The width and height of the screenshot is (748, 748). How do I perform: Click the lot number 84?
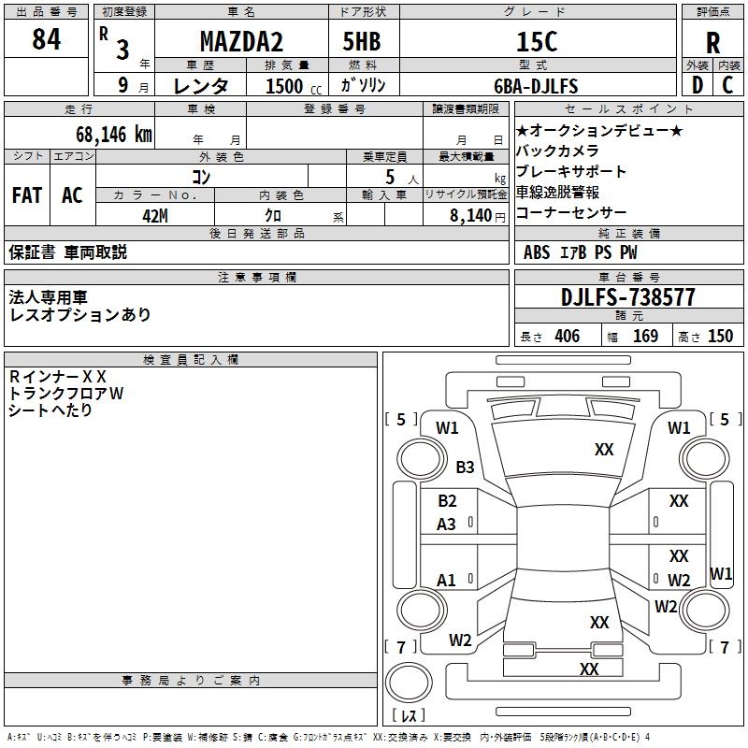tap(46, 38)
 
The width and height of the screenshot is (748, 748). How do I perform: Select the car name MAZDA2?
tap(241, 41)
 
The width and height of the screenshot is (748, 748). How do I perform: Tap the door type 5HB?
tap(362, 41)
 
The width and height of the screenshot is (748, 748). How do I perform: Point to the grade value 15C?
tap(537, 41)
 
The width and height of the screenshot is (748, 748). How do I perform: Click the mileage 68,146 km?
tap(114, 135)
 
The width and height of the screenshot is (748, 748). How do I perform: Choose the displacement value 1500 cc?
tap(294, 86)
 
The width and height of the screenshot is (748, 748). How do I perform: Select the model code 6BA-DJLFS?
tap(536, 86)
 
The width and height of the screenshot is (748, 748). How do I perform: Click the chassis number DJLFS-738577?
tap(627, 297)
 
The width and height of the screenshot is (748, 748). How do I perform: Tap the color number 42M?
tap(155, 216)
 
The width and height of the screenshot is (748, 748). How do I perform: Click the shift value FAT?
tap(27, 195)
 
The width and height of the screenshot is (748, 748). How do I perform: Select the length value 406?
tap(568, 336)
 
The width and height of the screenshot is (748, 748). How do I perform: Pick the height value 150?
tap(720, 336)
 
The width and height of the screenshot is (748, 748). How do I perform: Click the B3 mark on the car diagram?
tap(465, 467)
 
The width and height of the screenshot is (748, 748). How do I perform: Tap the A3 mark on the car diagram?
tap(447, 525)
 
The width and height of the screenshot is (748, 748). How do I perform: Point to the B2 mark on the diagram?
tap(447, 501)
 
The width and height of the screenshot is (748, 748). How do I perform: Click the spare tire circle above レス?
tap(409, 683)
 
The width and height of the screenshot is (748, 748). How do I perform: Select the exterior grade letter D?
tap(698, 85)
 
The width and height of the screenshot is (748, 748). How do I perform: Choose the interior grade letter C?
tap(727, 85)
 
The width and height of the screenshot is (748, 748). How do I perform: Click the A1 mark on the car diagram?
tap(446, 580)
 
